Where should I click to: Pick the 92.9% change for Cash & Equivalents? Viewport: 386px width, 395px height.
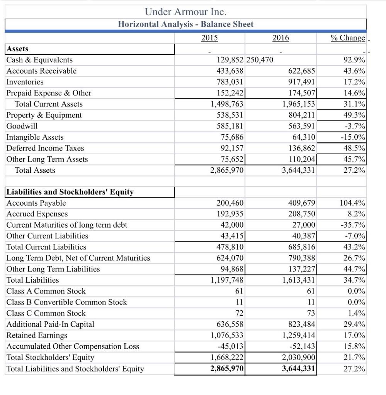[354, 60]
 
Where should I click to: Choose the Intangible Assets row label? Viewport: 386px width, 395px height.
[35, 137]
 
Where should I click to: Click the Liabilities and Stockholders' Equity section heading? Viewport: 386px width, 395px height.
[70, 192]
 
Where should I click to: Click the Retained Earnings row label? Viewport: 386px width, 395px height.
[37, 335]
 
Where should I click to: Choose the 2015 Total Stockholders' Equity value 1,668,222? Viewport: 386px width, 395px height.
[227, 358]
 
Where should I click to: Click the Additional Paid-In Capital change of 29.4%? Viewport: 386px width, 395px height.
[354, 324]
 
